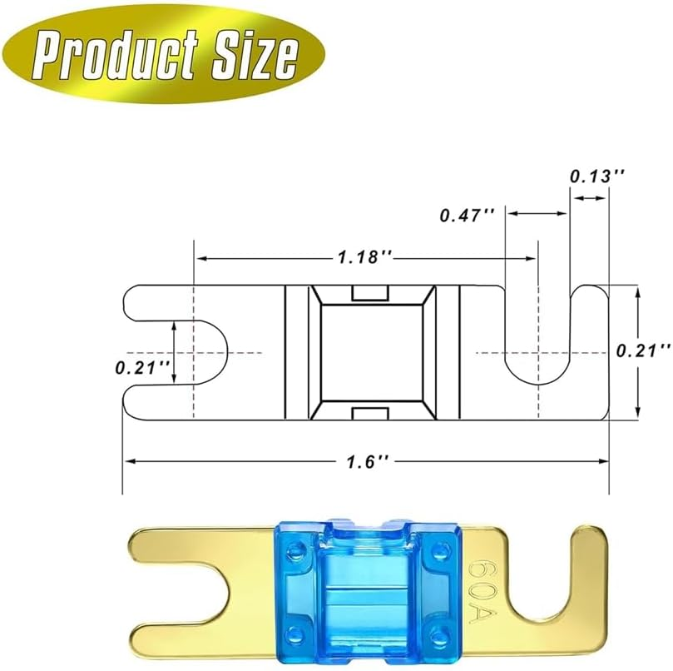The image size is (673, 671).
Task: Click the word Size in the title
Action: (249, 56)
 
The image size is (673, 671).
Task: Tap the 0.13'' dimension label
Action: (596, 176)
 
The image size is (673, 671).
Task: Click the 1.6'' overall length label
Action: (366, 460)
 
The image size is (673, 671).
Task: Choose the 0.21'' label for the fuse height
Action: (642, 351)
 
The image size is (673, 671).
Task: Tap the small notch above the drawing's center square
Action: (372, 293)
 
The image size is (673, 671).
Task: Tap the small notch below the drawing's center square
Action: (372, 415)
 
